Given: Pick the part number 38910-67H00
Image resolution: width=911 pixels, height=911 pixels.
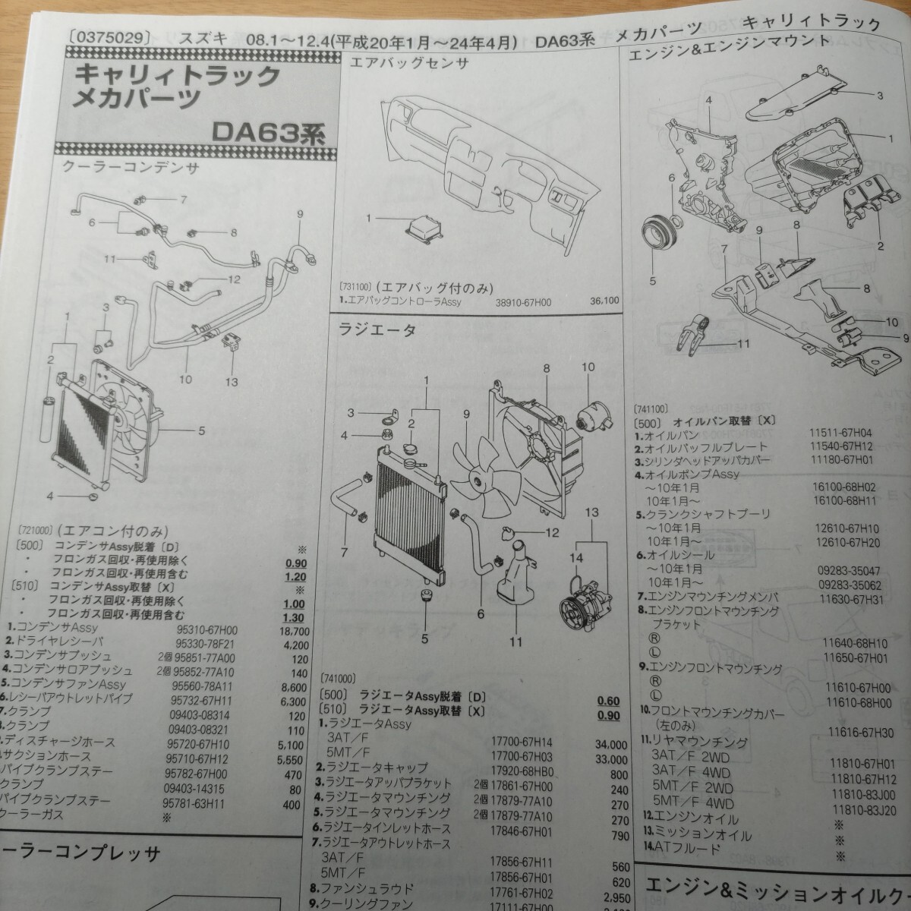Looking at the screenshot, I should (x=522, y=302).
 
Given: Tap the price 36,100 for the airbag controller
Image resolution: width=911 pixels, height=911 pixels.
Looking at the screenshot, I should (x=604, y=301).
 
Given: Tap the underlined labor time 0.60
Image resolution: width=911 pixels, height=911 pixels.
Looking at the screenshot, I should (x=608, y=701).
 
